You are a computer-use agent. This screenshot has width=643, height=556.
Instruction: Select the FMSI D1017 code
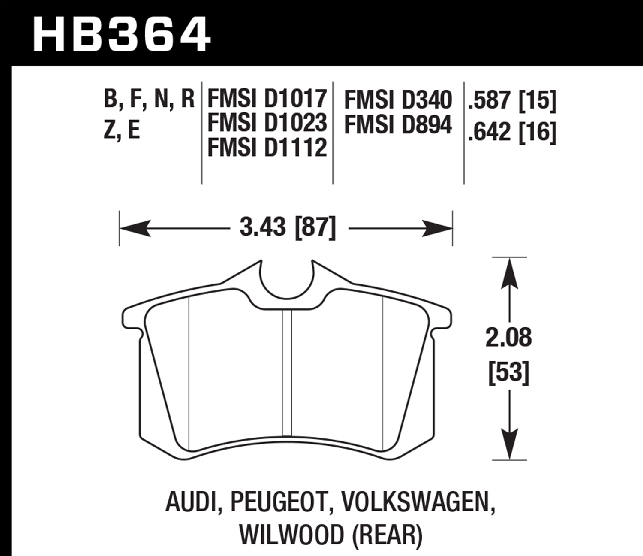(x=267, y=99)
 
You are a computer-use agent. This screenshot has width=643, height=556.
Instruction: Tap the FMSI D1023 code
(x=267, y=123)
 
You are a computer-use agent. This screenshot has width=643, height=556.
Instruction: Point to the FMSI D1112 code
(x=267, y=148)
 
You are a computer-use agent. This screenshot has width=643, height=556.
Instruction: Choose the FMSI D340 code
(x=398, y=100)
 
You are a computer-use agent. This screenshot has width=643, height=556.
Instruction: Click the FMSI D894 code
(x=398, y=125)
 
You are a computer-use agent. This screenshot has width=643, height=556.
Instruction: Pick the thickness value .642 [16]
(x=512, y=132)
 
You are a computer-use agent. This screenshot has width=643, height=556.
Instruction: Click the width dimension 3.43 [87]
(x=288, y=227)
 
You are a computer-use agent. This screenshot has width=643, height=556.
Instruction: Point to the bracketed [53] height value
(x=509, y=372)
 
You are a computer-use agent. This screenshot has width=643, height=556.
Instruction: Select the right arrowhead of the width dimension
(x=438, y=228)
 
